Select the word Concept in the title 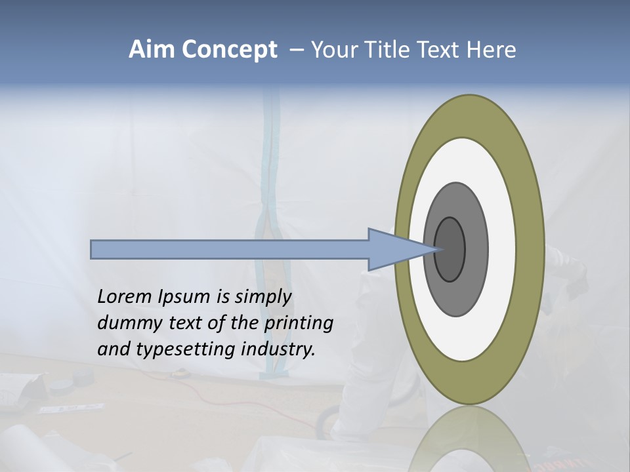pos(230,50)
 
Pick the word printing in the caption pos(299,323)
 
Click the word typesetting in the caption pos(186,349)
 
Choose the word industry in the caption pos(278,349)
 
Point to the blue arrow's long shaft pos(230,249)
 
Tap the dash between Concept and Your pos(296,50)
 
